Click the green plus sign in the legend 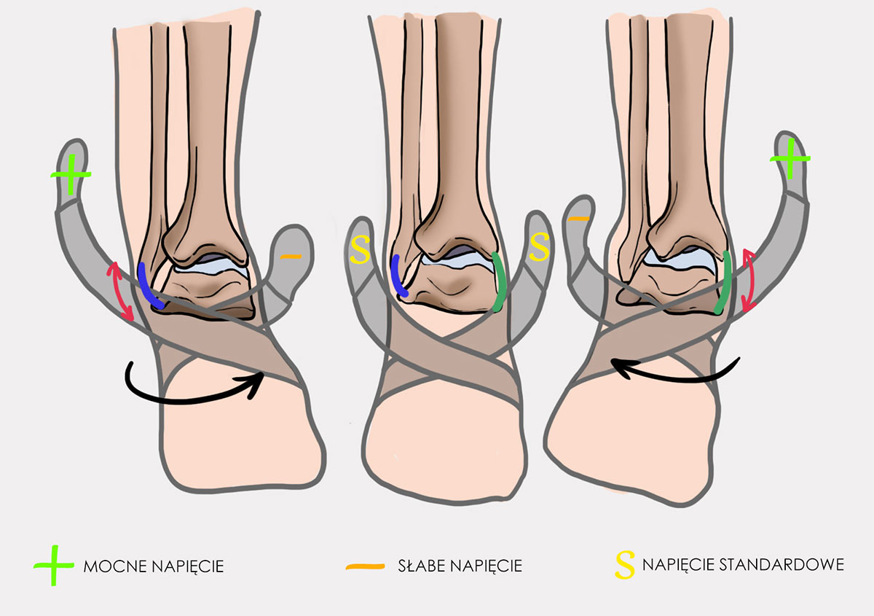point(54,565)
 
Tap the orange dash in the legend point(365,566)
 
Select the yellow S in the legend point(625,565)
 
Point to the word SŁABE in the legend point(422,566)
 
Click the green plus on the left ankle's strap point(71,175)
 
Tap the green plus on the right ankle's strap point(790,159)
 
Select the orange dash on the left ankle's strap point(291,257)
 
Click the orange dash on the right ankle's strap point(578,219)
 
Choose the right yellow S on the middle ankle point(539,247)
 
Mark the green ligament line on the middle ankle point(500,282)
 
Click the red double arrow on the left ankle point(120,292)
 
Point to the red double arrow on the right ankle point(747,281)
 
